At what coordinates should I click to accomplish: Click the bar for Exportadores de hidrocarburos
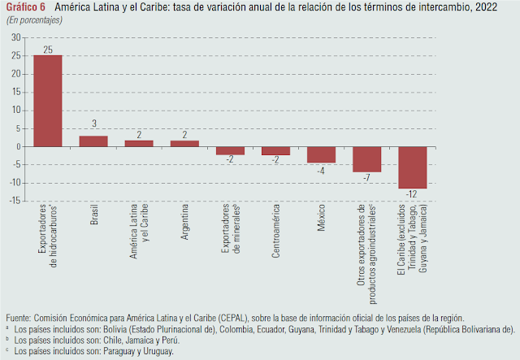pos(47,101)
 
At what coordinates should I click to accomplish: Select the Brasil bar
pos(93,141)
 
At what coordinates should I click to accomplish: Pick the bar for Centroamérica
pos(275,150)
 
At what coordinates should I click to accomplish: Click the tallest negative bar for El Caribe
pos(412,167)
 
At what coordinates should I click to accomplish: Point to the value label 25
pos(48,50)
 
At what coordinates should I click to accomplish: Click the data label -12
pos(413,195)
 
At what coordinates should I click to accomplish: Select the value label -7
pos(367,178)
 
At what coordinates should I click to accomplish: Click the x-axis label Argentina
pos(185,228)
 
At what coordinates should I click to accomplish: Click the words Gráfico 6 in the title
pos(25,7)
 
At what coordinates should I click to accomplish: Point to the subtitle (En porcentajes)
pos(39,19)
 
